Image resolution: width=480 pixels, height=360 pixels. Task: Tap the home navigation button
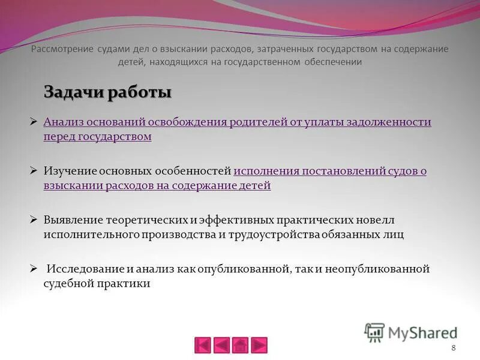[240, 345]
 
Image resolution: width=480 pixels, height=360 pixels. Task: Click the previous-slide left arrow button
[222, 345]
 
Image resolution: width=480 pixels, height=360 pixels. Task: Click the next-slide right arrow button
[259, 345]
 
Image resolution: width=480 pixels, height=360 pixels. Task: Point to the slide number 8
[453, 349]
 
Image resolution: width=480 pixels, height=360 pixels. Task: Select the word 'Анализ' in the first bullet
[64, 122]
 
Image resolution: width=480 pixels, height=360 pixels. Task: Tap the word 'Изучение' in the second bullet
[68, 171]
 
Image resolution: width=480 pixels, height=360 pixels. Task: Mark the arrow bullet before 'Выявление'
[34, 220]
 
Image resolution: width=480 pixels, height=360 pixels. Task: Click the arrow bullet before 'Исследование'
[34, 269]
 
